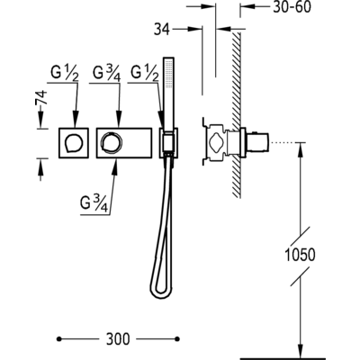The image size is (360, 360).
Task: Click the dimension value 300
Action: (x=118, y=338)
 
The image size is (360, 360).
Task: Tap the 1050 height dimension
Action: (x=300, y=255)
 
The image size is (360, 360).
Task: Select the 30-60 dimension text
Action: (x=292, y=7)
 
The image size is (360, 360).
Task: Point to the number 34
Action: (x=162, y=30)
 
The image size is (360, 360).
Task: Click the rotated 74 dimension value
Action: (x=41, y=97)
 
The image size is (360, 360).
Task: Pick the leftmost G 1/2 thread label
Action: (x=65, y=74)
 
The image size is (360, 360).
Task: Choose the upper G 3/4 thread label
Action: (x=107, y=74)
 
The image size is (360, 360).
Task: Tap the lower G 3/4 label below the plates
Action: (x=94, y=204)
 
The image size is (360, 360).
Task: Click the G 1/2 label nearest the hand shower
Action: (x=145, y=74)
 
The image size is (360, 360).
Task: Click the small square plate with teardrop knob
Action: (x=74, y=143)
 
